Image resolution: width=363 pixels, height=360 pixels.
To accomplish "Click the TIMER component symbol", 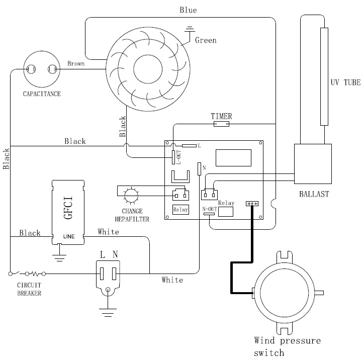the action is click(x=221, y=124).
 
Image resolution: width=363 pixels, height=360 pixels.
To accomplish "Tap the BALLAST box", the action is click(x=313, y=164).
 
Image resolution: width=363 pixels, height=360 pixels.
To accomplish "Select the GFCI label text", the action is click(x=68, y=208).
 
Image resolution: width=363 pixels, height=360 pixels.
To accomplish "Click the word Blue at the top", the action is click(x=188, y=10).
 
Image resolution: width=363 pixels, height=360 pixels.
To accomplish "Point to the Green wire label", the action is click(x=206, y=40).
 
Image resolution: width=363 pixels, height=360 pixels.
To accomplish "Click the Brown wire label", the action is click(x=76, y=63).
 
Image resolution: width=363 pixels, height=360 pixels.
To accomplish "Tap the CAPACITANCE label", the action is click(x=42, y=94).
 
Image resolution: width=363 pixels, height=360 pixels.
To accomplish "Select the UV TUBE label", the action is click(x=345, y=82).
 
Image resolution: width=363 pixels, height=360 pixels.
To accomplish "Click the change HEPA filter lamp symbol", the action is click(x=131, y=196).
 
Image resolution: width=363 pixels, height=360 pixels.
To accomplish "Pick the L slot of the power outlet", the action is click(x=102, y=274).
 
